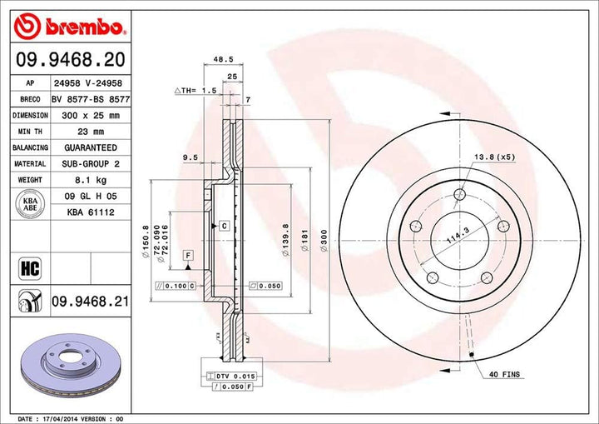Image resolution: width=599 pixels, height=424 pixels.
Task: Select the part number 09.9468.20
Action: tap(68, 59)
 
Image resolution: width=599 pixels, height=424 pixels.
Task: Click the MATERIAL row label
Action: tap(30, 164)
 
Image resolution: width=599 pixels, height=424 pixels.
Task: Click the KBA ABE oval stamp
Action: tap(30, 205)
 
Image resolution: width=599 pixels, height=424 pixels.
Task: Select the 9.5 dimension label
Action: tap(191, 157)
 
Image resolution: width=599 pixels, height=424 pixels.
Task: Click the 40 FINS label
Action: tap(504, 375)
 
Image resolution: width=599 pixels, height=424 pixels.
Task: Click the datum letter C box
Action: tap(225, 226)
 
